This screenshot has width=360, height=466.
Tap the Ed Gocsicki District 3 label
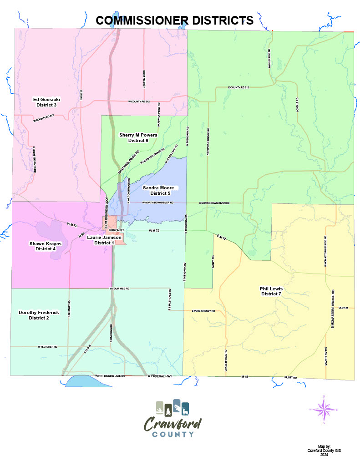pos(46,102)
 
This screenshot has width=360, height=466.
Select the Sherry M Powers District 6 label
pos(138,138)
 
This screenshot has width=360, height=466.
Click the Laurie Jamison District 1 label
pos(104,240)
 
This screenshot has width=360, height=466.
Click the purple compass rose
pos(324,410)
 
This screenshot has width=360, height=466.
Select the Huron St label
pos(114,231)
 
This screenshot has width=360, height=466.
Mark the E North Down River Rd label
pos(214,203)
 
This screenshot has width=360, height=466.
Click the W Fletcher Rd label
pos(47,347)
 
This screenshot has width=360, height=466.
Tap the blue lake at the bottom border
pos(89,381)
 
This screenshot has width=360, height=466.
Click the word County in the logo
pos(172,434)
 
